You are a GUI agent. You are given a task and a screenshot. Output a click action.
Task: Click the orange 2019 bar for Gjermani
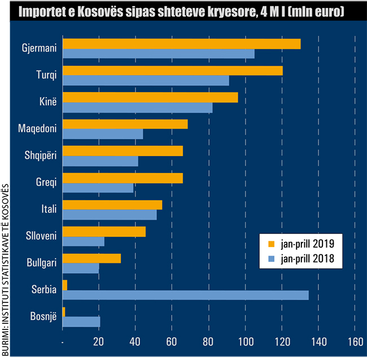click(181, 44)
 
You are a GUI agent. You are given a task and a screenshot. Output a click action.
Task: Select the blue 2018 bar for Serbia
click(185, 294)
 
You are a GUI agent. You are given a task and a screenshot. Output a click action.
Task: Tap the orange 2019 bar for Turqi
click(172, 71)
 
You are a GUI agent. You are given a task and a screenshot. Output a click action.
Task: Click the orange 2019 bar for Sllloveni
click(104, 231)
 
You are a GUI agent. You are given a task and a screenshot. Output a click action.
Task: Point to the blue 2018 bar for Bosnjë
click(81, 322)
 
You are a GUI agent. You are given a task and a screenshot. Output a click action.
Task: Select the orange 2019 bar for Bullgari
click(91, 258)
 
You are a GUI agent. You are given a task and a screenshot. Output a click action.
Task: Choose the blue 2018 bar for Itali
click(110, 214)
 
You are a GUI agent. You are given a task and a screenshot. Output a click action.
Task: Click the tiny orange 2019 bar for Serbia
click(65, 285)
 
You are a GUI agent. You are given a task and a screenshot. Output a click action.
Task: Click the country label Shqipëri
click(41, 156)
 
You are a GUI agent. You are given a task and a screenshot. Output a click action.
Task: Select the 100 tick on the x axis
click(245, 342)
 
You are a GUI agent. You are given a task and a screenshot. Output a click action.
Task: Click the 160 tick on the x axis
click(355, 342)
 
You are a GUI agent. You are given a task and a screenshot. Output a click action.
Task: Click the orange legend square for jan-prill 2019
click(270, 244)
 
